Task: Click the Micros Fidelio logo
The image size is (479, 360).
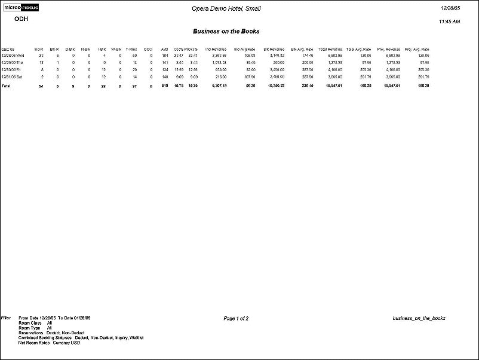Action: coord(22,8)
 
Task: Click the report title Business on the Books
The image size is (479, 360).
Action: coord(226,31)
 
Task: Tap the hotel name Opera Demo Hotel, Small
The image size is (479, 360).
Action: coord(226,8)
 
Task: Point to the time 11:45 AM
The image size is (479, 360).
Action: coord(449,21)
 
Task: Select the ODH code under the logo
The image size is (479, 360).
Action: coord(21,19)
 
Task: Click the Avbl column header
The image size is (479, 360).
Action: coord(164,48)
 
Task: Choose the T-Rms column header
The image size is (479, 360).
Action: coord(131,48)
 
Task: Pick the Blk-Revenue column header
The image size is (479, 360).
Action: coord(274,48)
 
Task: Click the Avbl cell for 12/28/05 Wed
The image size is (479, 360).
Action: coord(164,55)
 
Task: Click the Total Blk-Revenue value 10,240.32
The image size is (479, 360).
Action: coord(275,86)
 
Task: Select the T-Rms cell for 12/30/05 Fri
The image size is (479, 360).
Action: coord(134,69)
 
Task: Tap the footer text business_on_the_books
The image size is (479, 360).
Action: coord(419,318)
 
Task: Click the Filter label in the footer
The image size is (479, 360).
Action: coord(7,318)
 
